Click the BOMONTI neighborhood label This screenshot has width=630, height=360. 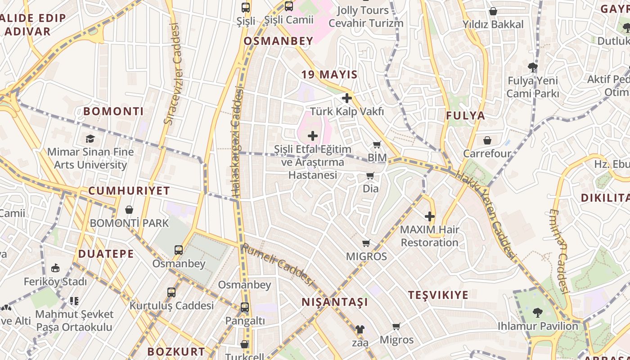(113, 111)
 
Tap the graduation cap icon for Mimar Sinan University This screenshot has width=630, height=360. (90, 139)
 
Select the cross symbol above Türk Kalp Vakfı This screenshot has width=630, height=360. (346, 98)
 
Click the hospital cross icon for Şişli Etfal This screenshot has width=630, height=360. (312, 136)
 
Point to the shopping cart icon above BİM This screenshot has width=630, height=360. (377, 145)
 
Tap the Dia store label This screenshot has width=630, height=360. (370, 189)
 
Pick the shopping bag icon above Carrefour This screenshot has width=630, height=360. (487, 140)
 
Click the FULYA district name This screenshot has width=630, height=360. (465, 116)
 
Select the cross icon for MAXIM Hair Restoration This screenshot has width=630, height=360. (430, 216)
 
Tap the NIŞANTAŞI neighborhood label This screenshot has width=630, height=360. (335, 302)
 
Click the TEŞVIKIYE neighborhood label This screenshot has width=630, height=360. (438, 295)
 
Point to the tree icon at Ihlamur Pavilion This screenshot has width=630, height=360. (537, 312)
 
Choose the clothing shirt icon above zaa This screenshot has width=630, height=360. (360, 329)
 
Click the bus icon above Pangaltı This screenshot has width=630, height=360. (244, 308)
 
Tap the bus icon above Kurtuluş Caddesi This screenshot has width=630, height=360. (171, 292)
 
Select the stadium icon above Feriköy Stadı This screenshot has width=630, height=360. (55, 268)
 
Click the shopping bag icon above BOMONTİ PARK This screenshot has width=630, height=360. (129, 210)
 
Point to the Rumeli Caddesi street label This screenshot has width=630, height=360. (277, 265)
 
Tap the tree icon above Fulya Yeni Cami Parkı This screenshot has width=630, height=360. (533, 68)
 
